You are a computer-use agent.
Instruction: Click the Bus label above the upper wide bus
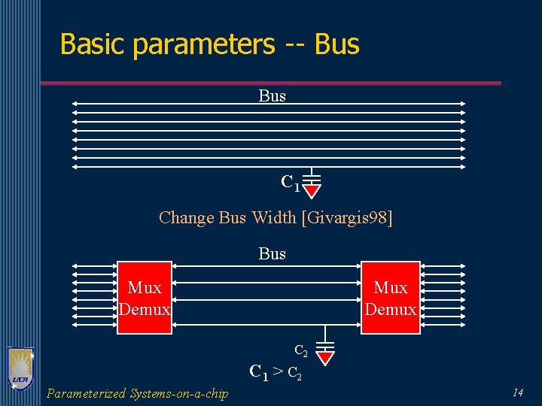coord(272,96)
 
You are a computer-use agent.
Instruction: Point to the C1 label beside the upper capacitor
coord(290,182)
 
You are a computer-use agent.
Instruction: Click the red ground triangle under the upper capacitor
coord(312,190)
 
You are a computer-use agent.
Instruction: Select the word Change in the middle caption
coord(187,218)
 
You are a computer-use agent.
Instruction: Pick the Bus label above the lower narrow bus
coord(272,253)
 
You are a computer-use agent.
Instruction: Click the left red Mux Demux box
coord(145,298)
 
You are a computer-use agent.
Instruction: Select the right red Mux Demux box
coord(390,298)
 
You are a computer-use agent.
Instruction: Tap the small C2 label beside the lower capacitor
coord(300,350)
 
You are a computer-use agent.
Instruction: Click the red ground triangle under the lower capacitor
coord(324,356)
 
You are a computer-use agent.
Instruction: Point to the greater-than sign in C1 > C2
coord(277,371)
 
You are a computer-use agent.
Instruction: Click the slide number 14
coord(517,392)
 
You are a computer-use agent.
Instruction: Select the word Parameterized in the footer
coord(86,393)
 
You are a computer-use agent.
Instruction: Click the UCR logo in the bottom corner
coord(20,368)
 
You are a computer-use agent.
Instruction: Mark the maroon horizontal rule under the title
coord(270,83)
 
